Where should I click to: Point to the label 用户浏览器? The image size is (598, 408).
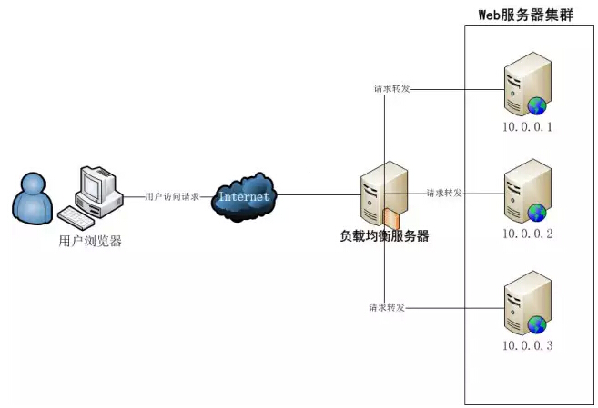click(x=89, y=241)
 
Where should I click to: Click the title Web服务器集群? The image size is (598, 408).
click(x=525, y=15)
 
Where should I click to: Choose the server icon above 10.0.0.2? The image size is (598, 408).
click(x=527, y=191)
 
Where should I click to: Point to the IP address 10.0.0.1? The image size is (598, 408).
click(x=527, y=126)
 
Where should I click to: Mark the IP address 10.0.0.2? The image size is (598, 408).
click(x=527, y=234)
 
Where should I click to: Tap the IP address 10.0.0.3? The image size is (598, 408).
click(x=527, y=346)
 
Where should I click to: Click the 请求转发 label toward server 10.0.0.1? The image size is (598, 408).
click(x=391, y=89)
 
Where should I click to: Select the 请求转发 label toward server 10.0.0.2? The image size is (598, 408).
click(x=444, y=194)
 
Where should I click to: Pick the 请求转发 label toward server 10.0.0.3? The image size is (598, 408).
click(x=388, y=307)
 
